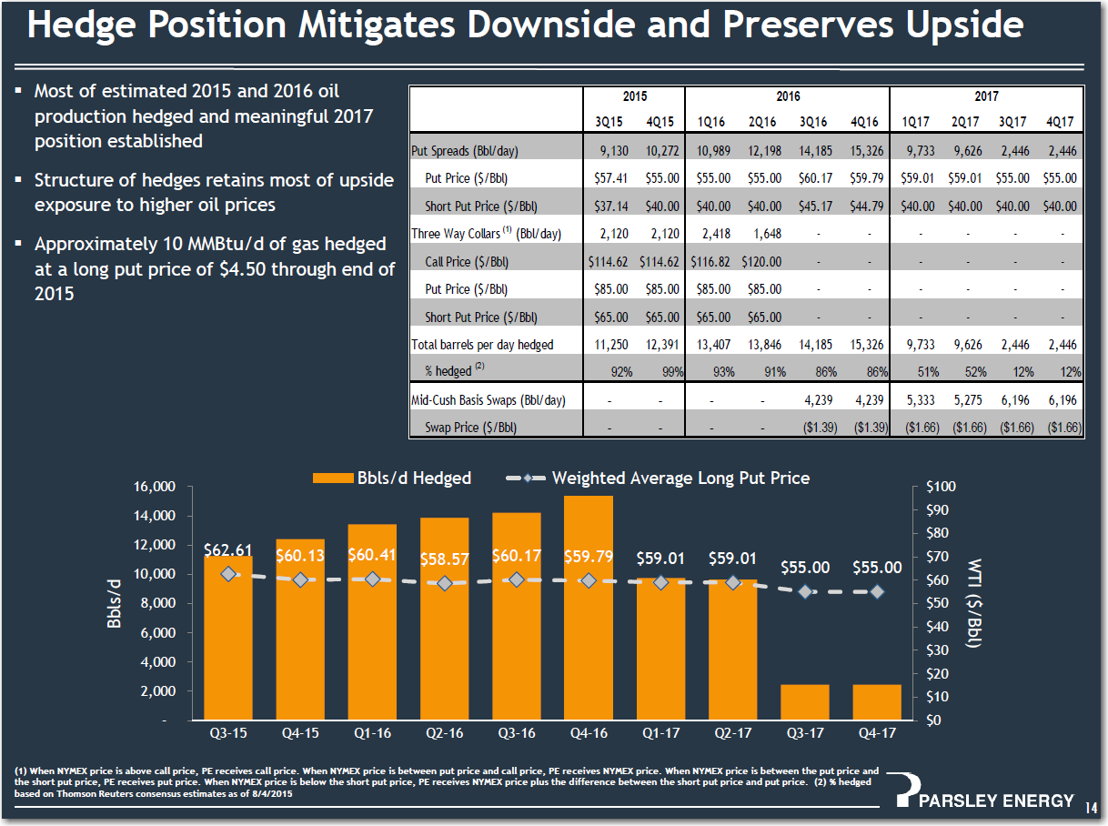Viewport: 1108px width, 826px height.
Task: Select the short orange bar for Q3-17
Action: coord(804,702)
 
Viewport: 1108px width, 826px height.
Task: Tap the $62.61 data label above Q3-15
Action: coord(228,550)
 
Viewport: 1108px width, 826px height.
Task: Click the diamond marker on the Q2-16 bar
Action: coord(444,583)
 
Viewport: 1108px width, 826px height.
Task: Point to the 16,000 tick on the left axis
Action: coord(154,487)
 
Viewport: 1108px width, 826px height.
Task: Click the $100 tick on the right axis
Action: coord(941,487)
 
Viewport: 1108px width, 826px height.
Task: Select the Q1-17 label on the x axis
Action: coord(660,733)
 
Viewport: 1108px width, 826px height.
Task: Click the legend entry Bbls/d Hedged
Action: coord(414,478)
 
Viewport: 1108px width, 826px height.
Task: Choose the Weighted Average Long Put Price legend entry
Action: coord(680,478)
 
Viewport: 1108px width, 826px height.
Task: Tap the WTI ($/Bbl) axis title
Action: coord(973,603)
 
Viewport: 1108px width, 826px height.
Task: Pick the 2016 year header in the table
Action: coord(787,96)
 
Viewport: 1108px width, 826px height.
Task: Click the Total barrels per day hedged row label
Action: coord(482,345)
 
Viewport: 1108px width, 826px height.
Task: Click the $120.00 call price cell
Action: coord(761,262)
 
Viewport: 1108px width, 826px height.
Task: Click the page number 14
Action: coord(1092,807)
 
